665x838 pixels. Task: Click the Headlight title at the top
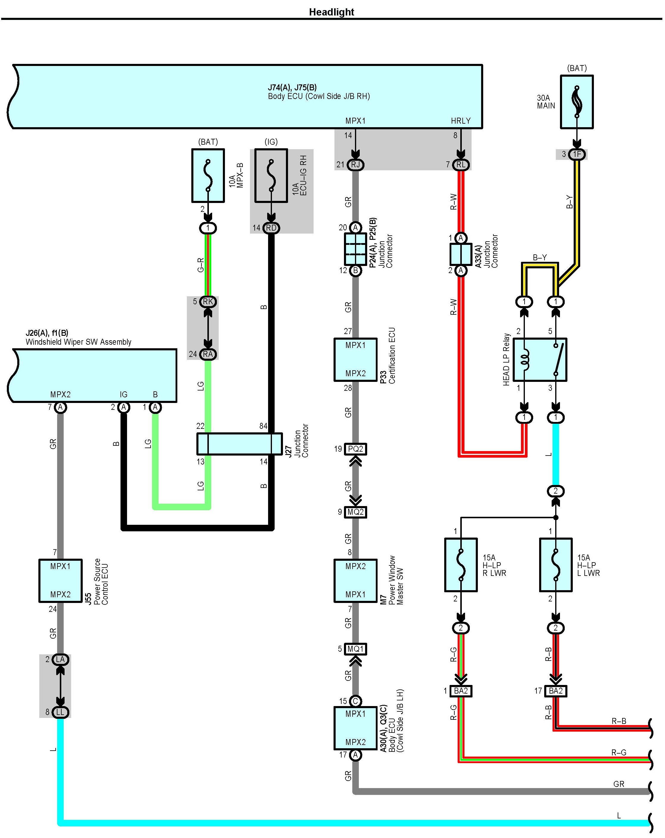pos(331,12)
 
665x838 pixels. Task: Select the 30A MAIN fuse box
pos(576,102)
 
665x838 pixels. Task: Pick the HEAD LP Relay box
pos(539,360)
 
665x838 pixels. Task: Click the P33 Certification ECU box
pos(355,360)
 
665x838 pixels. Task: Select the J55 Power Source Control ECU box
pos(60,580)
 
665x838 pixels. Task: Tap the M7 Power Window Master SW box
pos(355,580)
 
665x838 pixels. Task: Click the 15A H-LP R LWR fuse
pos(460,565)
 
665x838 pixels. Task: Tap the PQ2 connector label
pos(355,449)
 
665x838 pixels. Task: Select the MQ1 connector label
pos(355,649)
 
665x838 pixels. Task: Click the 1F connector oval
pos(576,154)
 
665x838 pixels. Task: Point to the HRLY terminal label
pos(461,121)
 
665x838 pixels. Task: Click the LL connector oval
pos(60,712)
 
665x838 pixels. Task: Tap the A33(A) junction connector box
pos(461,254)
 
